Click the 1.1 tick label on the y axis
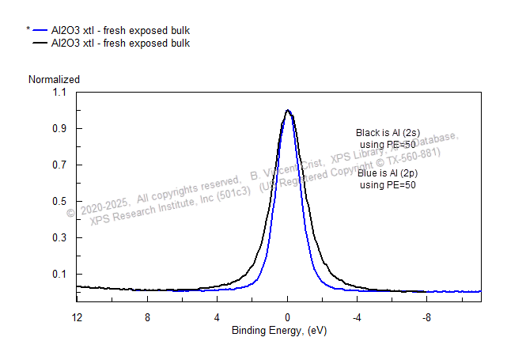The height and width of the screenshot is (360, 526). point(60,93)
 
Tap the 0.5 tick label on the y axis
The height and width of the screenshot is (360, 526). point(60,202)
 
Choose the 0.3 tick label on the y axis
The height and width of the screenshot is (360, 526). point(60,238)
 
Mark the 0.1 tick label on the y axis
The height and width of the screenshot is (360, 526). point(60,275)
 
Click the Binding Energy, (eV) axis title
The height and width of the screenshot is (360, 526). point(278,330)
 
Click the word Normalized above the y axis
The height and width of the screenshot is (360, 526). point(54,79)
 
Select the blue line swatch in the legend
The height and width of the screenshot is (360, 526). point(40,31)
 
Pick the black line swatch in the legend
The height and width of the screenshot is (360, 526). point(40,44)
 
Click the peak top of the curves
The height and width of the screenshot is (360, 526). point(288,111)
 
